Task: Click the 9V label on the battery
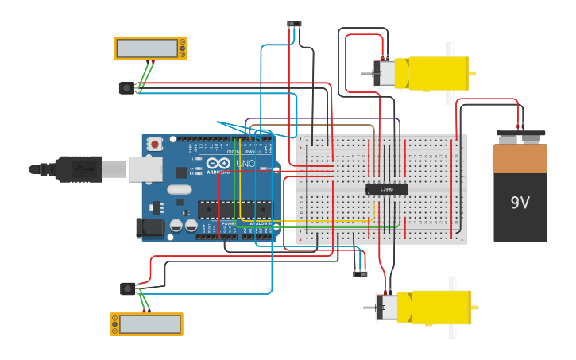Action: [520, 203]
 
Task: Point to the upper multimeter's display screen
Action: [147, 48]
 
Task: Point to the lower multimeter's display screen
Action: [144, 324]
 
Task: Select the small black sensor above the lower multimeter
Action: [127, 288]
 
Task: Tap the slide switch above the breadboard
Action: [294, 24]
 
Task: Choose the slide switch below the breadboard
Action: [360, 274]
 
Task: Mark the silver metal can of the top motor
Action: [384, 73]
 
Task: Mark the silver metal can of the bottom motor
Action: [387, 308]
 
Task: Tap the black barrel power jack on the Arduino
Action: [150, 228]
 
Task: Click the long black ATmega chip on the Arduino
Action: [234, 210]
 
